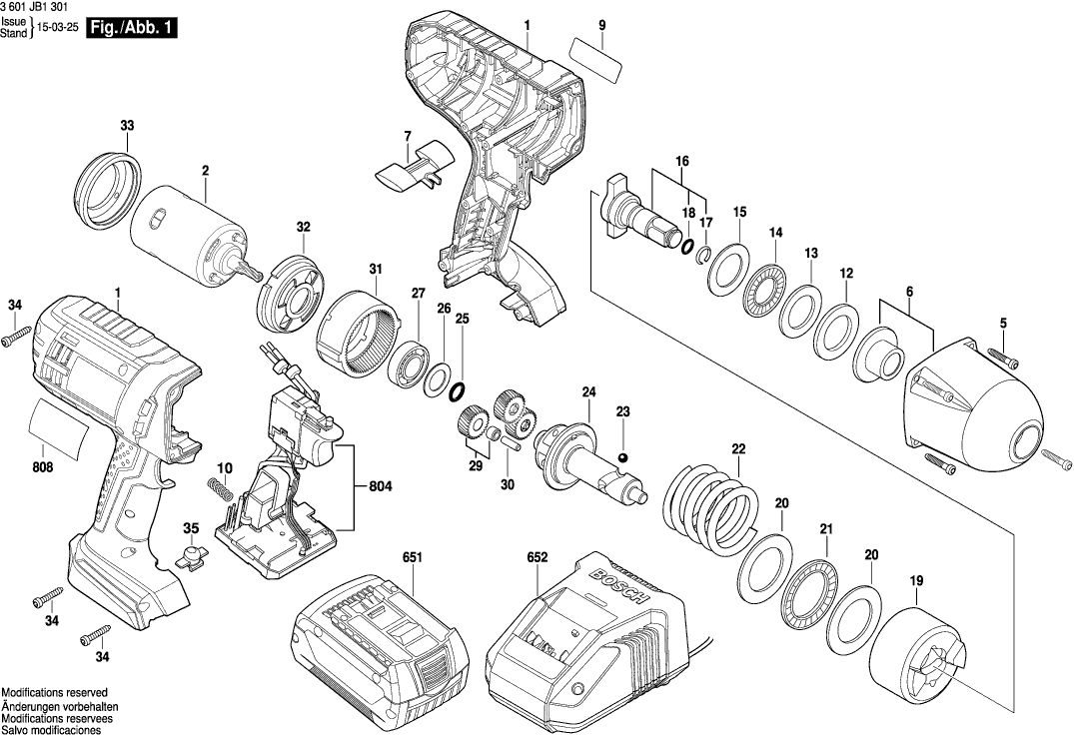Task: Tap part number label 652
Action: [537, 557]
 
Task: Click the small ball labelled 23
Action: [622, 456]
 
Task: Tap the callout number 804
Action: [380, 487]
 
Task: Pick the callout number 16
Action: [682, 161]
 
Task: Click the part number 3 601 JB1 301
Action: [34, 7]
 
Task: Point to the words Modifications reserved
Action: [54, 692]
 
